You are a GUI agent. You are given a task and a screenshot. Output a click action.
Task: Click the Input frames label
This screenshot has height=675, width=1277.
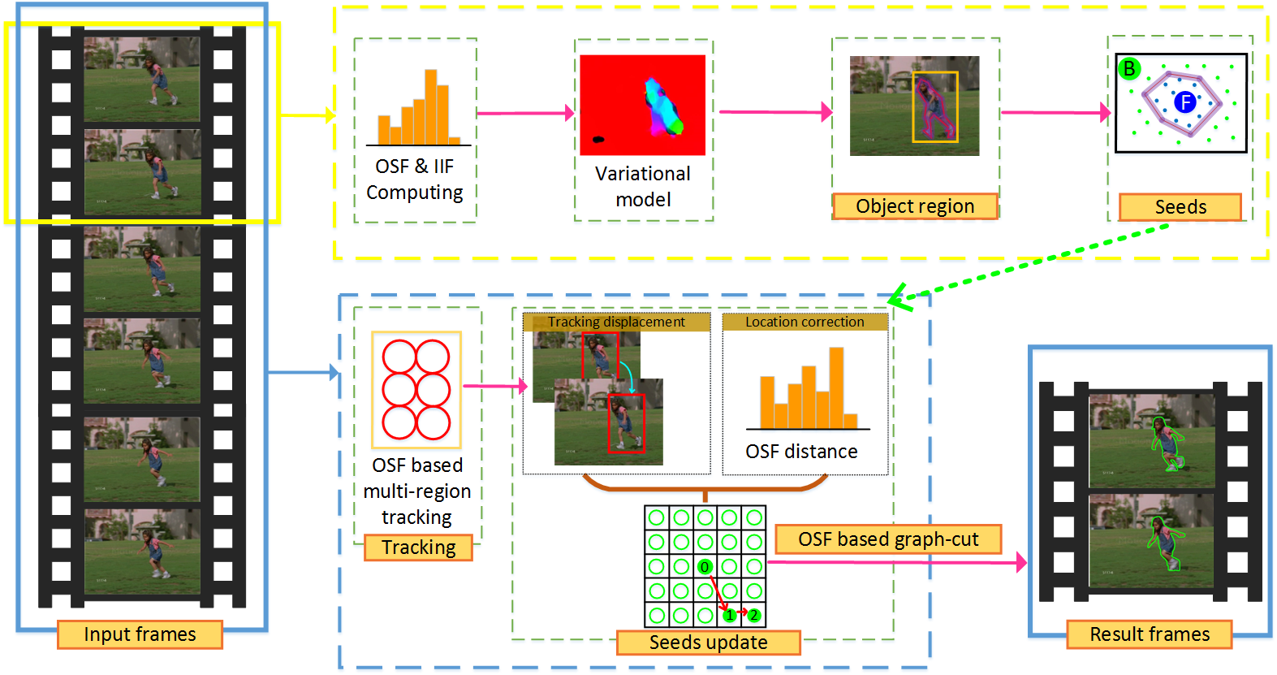(140, 634)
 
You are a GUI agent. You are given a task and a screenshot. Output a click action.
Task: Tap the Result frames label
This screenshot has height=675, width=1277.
(1149, 634)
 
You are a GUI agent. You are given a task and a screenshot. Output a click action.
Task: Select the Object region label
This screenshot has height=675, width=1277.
(915, 206)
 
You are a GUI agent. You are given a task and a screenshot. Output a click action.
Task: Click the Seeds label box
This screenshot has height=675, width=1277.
(1180, 207)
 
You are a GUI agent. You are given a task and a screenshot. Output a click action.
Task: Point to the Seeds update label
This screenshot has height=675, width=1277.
(708, 643)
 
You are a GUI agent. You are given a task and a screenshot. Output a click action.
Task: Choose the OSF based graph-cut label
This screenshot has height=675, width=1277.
(888, 539)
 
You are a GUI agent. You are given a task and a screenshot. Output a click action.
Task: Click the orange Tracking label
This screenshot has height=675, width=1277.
(418, 547)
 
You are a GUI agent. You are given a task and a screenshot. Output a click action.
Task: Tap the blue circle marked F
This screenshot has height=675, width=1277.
(1185, 102)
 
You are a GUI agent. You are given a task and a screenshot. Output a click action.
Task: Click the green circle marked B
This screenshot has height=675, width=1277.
(1128, 69)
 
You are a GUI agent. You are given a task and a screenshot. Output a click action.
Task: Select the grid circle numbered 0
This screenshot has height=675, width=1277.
(705, 567)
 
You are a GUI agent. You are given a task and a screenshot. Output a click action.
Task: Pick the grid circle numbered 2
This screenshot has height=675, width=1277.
(754, 615)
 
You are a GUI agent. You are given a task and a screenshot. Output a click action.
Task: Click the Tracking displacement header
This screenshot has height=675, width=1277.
(616, 322)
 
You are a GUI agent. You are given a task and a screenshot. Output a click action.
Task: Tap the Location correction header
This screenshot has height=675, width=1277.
(805, 322)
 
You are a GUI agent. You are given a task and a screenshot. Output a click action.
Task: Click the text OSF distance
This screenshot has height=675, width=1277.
(801, 452)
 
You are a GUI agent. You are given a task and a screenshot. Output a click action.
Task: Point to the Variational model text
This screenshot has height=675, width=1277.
(643, 186)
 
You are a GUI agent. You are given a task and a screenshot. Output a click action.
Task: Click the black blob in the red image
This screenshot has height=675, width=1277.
(598, 139)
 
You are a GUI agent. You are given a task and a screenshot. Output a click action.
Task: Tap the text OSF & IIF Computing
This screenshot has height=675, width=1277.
(414, 179)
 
